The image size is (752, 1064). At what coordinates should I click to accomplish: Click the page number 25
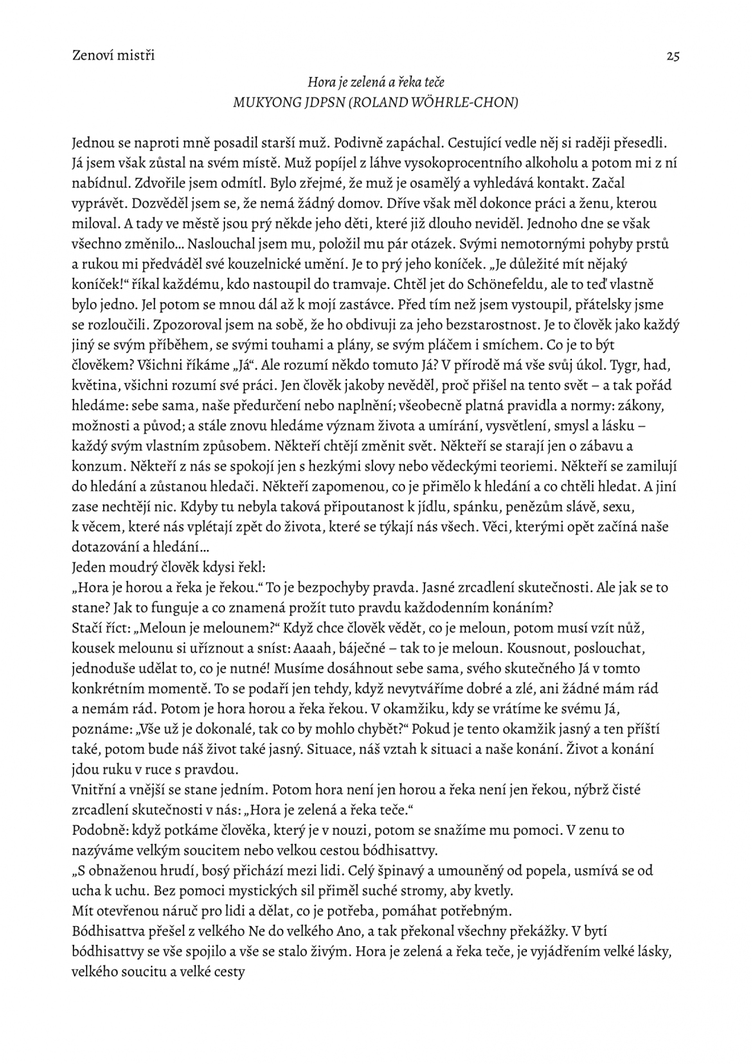(672, 56)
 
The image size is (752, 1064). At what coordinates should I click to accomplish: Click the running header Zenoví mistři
(114, 55)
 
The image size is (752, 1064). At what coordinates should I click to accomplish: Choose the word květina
(96, 385)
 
